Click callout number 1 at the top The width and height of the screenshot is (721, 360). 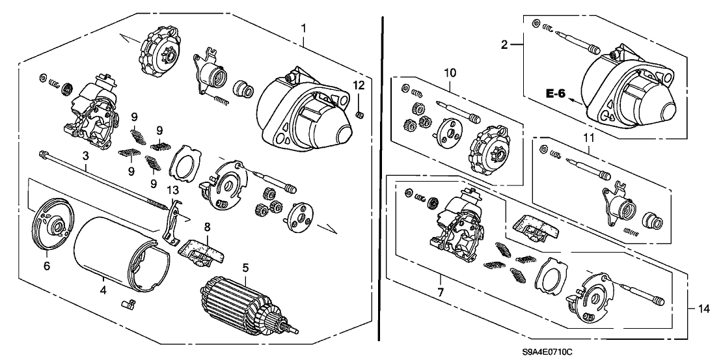pyautogui.click(x=304, y=29)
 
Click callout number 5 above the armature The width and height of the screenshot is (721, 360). pyautogui.click(x=246, y=266)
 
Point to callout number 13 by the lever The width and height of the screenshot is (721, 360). pyautogui.click(x=172, y=189)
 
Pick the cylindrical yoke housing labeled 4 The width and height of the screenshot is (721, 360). pyautogui.click(x=114, y=254)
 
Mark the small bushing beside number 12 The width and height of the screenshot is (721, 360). pyautogui.click(x=360, y=115)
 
